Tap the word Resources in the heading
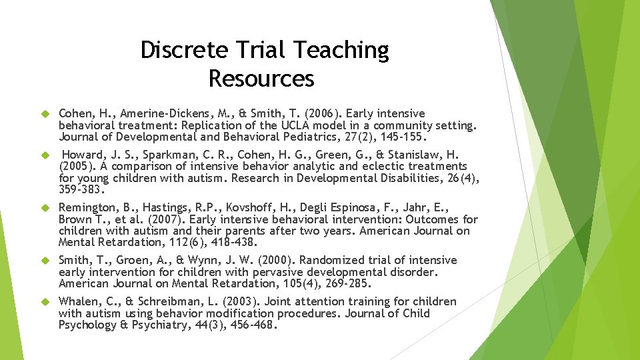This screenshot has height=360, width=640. (x=261, y=79)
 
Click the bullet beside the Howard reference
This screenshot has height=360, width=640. (x=47, y=155)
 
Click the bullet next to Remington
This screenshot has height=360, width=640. (x=47, y=208)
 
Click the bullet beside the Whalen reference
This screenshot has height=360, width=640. (x=47, y=302)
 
